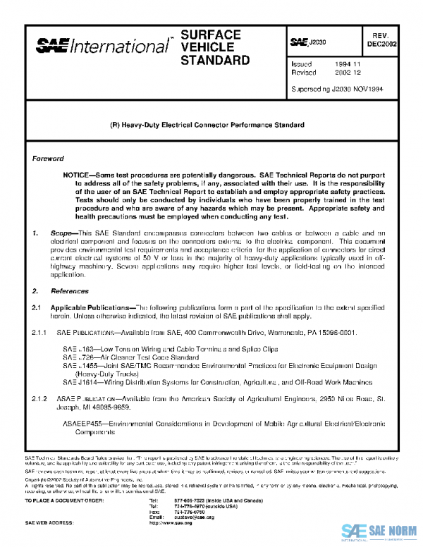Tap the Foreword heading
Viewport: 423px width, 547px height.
48,159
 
